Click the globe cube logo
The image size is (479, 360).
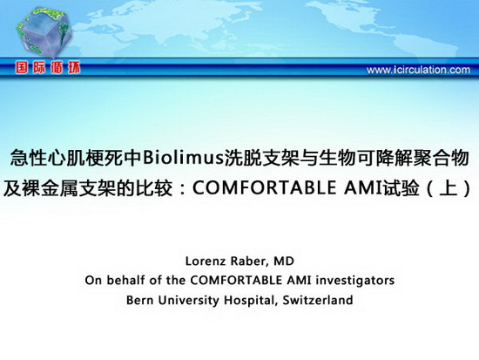tap(44, 33)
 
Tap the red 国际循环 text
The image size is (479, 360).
tap(48, 68)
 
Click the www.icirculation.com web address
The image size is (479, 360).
tap(418, 70)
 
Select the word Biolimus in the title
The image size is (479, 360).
tap(183, 158)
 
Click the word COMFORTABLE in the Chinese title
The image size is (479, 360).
tap(264, 188)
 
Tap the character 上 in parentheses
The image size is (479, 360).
tap(449, 188)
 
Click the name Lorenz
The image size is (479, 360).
tap(206, 262)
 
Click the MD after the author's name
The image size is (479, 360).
tap(284, 262)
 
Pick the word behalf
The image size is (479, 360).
tap(125, 280)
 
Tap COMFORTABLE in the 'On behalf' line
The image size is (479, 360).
tap(237, 280)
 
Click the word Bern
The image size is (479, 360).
tap(139, 300)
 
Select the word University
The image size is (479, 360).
tap(188, 301)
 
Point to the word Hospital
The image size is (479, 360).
tap(251, 301)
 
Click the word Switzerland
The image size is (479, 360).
tap(318, 300)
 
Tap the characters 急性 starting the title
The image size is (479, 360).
tap(29, 158)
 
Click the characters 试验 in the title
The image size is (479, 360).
tap(401, 188)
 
